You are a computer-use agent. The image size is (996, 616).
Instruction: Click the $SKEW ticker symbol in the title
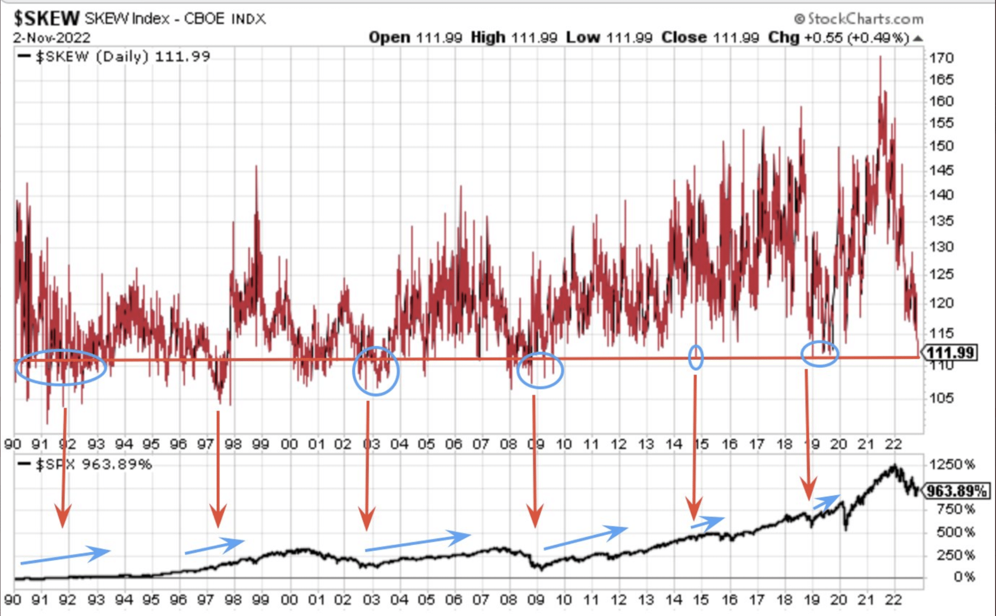[x=46, y=18]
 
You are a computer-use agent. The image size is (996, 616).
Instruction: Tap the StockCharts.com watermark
[x=859, y=19]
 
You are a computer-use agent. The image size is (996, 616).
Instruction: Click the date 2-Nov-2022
[x=52, y=37]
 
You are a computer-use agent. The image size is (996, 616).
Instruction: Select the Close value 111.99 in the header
[x=736, y=37]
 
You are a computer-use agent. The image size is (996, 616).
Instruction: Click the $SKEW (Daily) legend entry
[x=114, y=56]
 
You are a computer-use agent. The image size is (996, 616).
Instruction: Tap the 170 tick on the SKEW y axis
[x=942, y=58]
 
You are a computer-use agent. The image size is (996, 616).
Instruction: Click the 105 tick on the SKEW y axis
[x=942, y=398]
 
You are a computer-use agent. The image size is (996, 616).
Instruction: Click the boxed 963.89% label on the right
[x=956, y=491]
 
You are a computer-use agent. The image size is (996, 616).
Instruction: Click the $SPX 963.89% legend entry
[x=85, y=464]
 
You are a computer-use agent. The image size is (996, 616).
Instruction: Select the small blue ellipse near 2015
[x=696, y=357]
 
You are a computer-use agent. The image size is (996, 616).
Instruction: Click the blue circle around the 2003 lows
[x=375, y=370]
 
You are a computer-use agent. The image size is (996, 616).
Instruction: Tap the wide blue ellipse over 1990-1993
[x=61, y=367]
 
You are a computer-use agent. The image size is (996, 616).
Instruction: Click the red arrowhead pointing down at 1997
[x=218, y=516]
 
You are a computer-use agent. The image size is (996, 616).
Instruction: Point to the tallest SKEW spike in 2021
[x=880, y=58]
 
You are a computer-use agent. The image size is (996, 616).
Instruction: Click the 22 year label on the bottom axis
[x=893, y=599]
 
